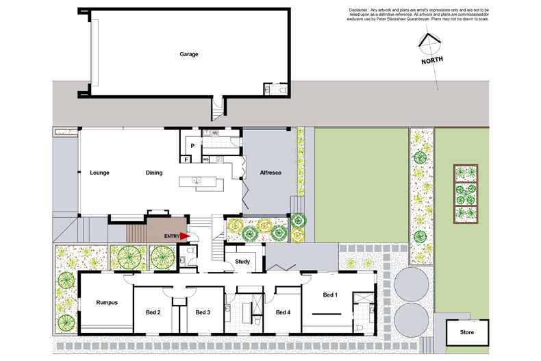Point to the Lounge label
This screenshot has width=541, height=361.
100,173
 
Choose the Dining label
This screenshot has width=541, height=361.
153,173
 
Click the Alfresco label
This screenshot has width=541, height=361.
271,173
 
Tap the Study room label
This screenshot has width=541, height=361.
242,262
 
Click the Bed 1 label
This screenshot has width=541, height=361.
330,295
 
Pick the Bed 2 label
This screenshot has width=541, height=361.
153,312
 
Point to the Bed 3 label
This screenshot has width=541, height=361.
202,312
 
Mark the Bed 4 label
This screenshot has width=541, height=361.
283,312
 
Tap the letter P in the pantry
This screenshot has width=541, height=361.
192,145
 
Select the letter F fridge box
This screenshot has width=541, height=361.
186,160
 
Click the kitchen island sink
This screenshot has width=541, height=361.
197,182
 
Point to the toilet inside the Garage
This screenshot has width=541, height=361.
283,89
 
